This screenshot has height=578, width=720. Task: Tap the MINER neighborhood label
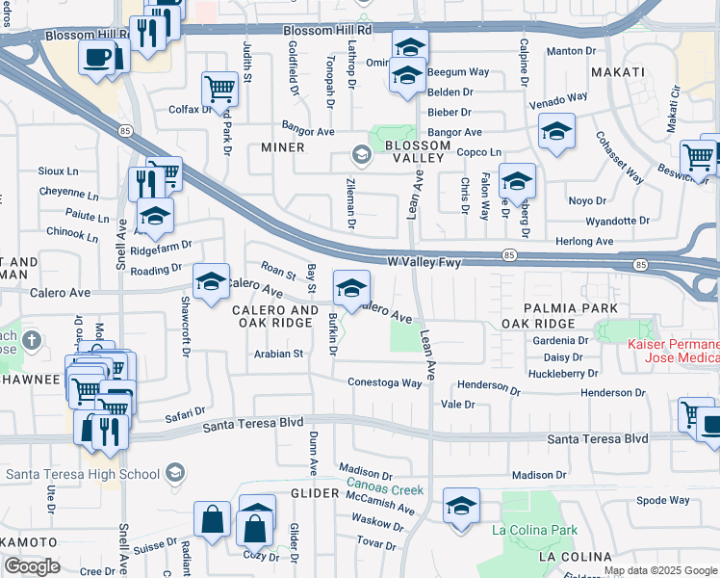click(283, 147)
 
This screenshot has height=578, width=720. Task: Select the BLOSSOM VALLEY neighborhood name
click(417, 152)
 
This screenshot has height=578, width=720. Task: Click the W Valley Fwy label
click(424, 260)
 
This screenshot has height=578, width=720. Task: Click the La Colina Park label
click(534, 530)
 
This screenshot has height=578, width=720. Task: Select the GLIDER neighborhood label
click(315, 493)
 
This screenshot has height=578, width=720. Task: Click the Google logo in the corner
click(33, 566)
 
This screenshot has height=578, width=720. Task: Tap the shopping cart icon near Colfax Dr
click(220, 90)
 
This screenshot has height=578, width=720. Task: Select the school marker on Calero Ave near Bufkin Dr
click(351, 287)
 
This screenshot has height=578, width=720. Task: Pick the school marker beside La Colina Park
click(461, 506)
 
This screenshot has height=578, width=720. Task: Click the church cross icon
click(32, 339)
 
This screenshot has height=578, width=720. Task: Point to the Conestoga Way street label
click(385, 382)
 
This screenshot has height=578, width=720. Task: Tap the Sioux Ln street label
click(58, 171)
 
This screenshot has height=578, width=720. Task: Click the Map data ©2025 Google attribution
click(660, 570)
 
